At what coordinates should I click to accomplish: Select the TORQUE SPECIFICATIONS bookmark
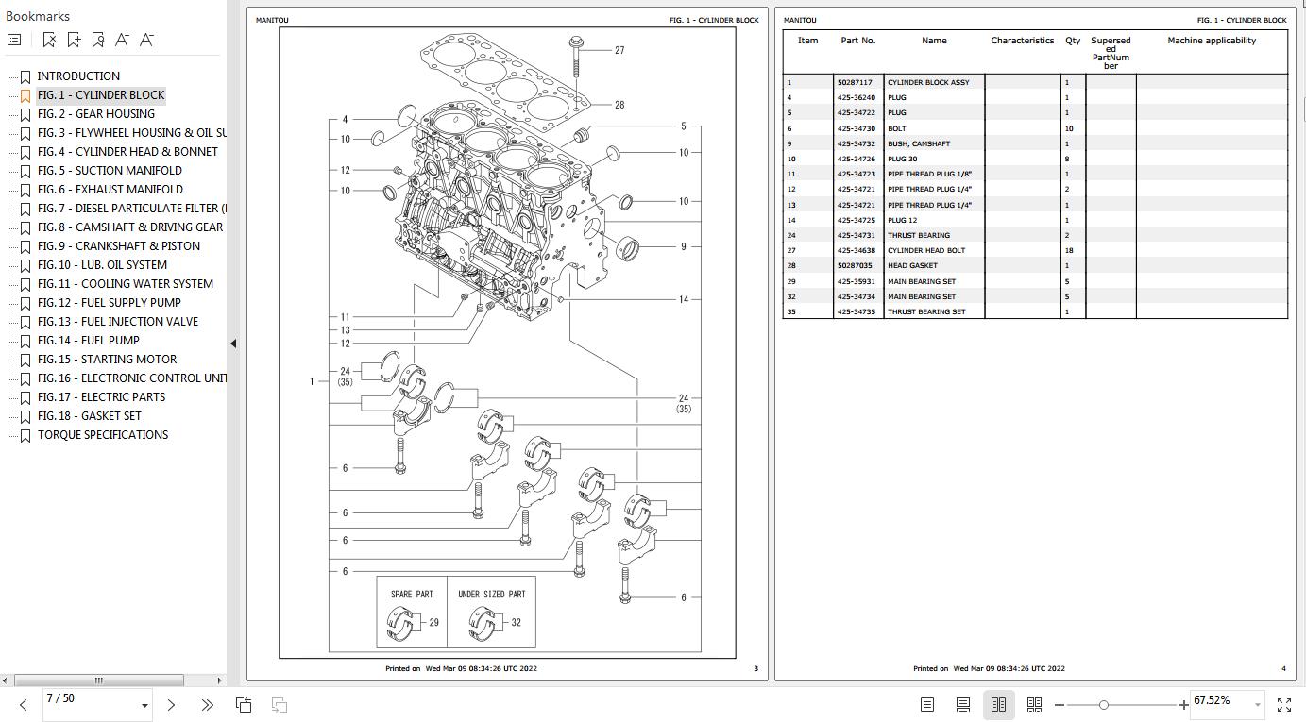103,435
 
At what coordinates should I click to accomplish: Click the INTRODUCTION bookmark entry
78,76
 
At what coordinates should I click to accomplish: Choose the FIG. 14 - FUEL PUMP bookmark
88,341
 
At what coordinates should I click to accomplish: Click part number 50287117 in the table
855,83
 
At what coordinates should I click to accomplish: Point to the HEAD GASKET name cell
912,266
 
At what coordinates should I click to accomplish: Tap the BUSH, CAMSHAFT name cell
918,144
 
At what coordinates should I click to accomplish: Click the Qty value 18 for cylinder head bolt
1069,251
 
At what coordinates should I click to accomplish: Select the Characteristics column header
1022,41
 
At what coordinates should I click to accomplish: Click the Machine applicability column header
1212,41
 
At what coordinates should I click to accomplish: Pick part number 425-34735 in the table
856,312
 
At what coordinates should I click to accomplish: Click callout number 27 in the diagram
619,51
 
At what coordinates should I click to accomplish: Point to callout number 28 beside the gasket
619,105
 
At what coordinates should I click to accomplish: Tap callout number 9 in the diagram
684,247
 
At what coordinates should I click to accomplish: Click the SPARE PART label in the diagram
412,595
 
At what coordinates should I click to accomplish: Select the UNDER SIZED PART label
491,595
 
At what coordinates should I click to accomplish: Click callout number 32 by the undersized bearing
517,623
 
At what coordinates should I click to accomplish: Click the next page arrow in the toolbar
171,705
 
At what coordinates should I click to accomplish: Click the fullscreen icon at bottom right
1284,705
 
